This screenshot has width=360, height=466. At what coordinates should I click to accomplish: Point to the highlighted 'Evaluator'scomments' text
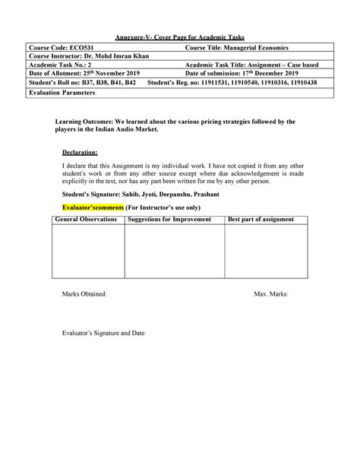pos(94,206)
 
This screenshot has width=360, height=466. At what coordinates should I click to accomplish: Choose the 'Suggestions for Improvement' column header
pos(174,220)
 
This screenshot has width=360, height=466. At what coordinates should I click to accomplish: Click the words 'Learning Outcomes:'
pos(84,122)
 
